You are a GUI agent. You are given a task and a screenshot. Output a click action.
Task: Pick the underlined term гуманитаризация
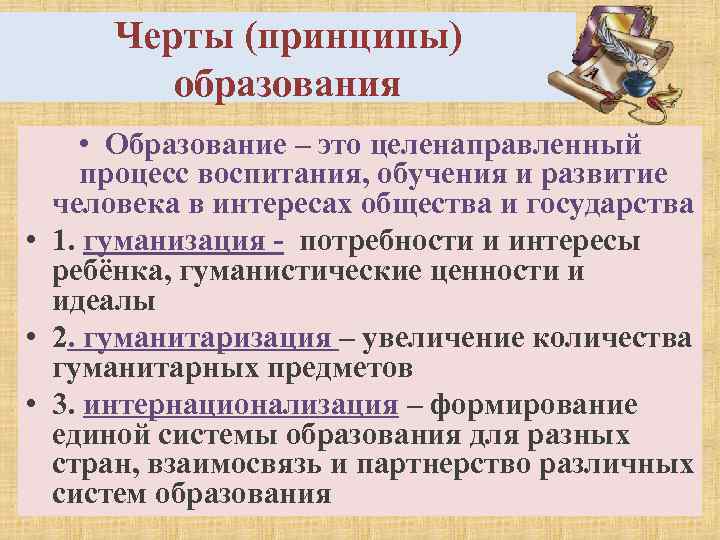[x=200, y=338]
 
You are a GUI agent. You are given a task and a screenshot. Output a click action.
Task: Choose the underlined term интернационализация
[x=242, y=405]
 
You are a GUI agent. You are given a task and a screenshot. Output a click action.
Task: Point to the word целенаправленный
[x=505, y=145]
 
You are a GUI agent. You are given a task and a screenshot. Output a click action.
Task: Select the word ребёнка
[x=102, y=271]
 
